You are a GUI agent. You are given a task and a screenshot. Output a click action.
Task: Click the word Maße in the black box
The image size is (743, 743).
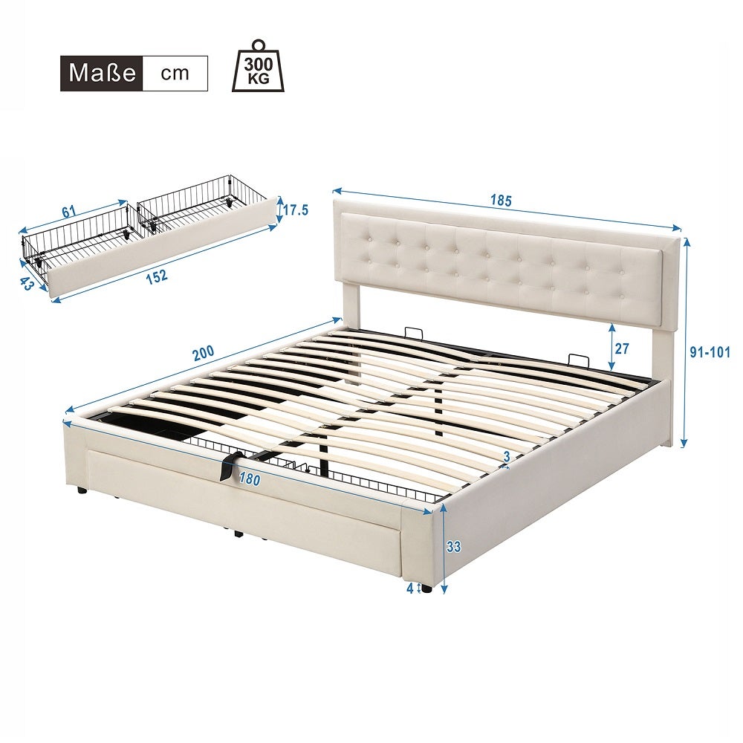101,73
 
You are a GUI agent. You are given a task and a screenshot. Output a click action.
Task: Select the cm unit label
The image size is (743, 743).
175,73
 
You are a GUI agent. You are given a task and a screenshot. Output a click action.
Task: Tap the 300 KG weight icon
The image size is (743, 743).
257,67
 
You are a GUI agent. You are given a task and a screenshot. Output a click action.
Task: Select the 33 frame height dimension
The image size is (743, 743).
454,547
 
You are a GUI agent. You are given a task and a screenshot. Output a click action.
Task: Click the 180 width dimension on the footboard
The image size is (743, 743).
250,480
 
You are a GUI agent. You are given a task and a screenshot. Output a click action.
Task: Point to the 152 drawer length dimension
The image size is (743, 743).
155,276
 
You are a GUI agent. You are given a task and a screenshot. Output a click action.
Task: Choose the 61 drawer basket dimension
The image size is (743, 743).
68,212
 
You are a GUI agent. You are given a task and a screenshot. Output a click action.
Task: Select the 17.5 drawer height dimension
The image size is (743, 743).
294,210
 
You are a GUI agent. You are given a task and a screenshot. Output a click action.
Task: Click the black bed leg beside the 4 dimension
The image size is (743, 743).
426,587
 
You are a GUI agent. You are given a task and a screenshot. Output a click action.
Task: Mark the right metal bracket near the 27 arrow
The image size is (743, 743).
575,358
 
